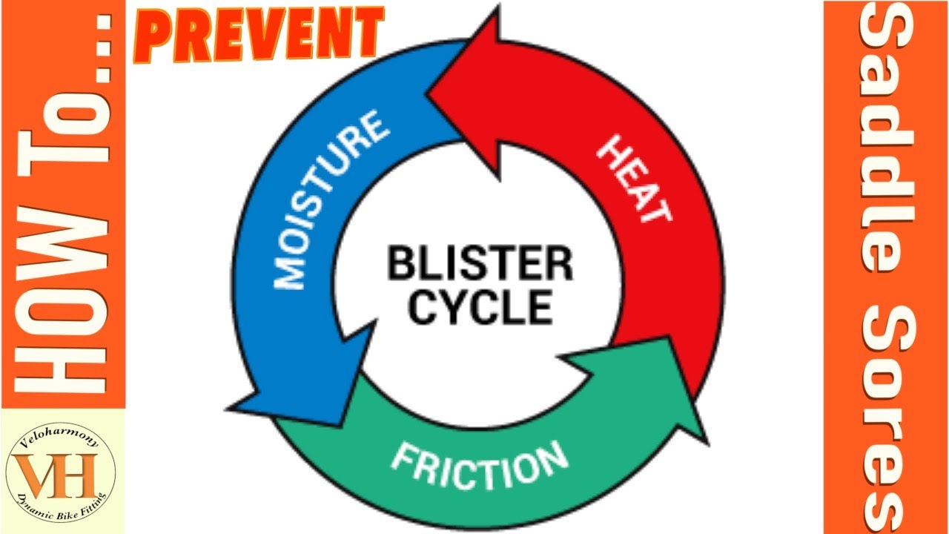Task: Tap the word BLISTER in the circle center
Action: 480,265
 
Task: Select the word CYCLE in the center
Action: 480,306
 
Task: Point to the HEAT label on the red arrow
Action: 635,179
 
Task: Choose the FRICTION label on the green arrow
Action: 479,464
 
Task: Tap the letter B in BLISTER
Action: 400,265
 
